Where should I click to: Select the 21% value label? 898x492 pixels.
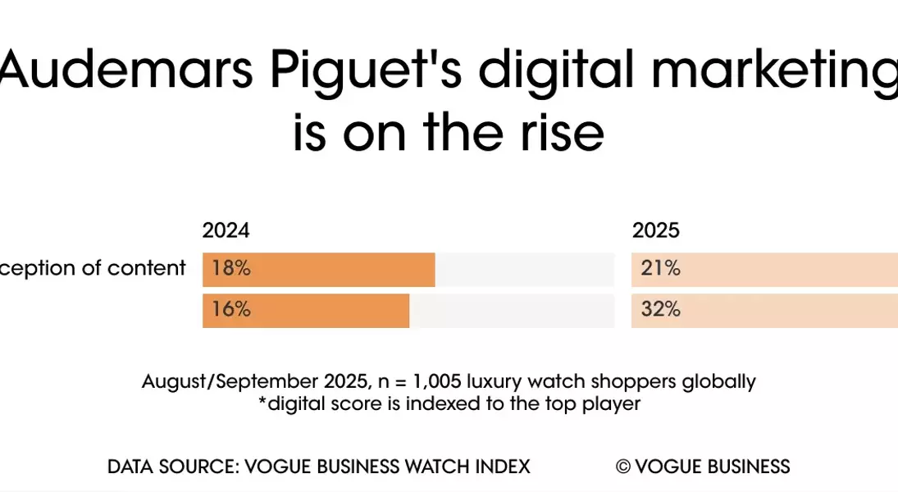660,268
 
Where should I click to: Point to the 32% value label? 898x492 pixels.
660,309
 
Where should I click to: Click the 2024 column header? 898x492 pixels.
226,230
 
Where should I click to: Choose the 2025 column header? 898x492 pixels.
655,230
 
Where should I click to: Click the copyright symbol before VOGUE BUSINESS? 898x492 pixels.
622,467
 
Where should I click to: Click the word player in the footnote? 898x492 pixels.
613,403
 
